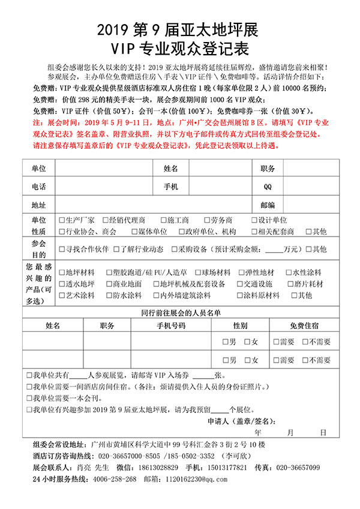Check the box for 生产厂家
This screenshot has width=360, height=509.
point(62,220)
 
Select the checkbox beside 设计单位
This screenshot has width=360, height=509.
point(254,220)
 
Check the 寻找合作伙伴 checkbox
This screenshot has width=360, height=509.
point(62,249)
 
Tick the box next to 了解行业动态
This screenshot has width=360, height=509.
point(116,249)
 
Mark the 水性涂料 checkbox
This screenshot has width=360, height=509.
point(289,273)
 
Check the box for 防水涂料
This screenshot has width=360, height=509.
point(109,295)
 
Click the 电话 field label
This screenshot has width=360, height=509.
point(39,187)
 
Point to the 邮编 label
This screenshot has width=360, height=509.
point(268,205)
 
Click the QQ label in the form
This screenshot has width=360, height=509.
point(268,187)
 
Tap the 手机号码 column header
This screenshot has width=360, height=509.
point(171,325)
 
